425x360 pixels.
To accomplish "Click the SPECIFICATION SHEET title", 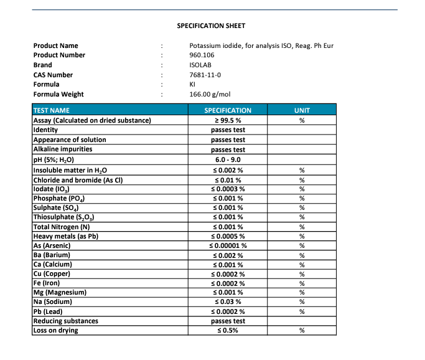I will [211, 26].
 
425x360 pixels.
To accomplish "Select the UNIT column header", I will [301, 110].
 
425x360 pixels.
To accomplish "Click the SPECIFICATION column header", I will [228, 110].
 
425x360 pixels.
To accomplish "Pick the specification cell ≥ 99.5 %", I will [228, 120].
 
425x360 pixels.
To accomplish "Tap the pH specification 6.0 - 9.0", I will [228, 160].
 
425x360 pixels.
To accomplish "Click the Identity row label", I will [45, 130].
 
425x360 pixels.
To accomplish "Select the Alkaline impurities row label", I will [62, 150].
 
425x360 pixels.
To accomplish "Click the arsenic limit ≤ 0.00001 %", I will [228, 245].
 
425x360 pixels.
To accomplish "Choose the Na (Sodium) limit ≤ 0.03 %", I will [228, 301].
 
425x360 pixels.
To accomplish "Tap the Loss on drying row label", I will [55, 331].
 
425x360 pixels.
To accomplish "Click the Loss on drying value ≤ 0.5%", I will [228, 331].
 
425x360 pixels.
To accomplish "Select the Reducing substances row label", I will [65, 321].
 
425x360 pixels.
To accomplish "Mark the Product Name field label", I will [56, 45].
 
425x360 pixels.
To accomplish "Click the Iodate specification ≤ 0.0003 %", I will [228, 189].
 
